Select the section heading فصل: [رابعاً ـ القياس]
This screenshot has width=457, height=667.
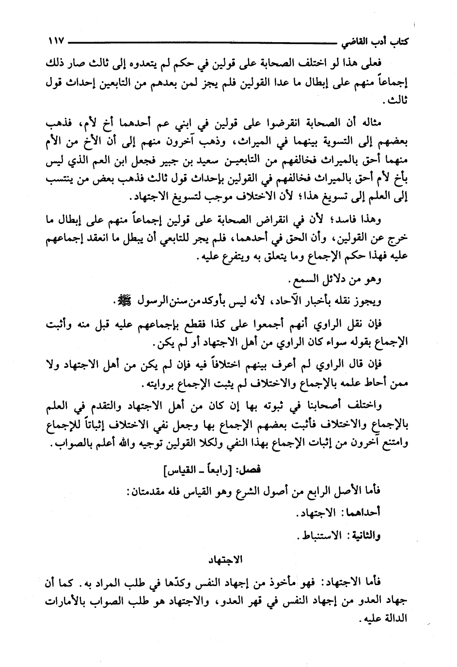210,469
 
